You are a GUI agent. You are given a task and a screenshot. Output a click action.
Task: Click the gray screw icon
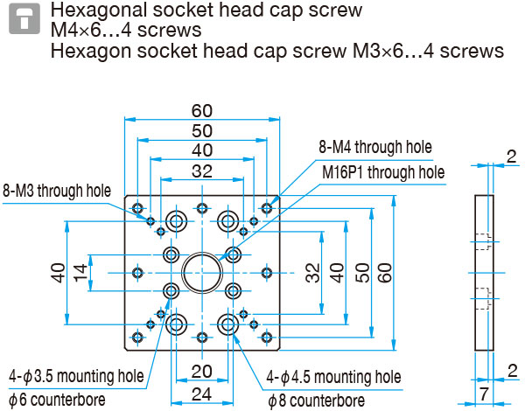click(x=24, y=18)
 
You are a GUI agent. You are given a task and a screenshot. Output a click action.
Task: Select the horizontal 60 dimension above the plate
click(x=202, y=111)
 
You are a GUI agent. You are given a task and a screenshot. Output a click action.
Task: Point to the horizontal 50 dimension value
click(x=202, y=130)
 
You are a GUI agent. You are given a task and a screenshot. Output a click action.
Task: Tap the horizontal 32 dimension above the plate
click(x=202, y=171)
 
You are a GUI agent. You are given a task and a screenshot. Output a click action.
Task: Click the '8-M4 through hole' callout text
click(x=375, y=147)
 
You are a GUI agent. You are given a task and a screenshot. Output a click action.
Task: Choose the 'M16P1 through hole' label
click(x=383, y=172)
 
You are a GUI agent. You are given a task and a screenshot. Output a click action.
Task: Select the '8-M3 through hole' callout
click(x=57, y=191)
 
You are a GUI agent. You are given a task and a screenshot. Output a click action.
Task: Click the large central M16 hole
click(x=202, y=273)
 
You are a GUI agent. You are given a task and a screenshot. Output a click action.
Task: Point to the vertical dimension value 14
click(x=80, y=273)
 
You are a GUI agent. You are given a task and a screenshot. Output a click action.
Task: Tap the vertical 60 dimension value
click(x=386, y=273)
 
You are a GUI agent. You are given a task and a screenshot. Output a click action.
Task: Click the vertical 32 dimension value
click(x=313, y=273)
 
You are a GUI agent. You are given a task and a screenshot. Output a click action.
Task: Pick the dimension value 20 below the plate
click(x=202, y=372)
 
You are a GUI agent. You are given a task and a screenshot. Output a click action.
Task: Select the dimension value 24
click(x=202, y=394)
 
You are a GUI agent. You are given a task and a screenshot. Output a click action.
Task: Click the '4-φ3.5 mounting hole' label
click(x=76, y=376)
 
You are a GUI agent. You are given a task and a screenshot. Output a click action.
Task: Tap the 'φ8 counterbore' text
click(x=317, y=401)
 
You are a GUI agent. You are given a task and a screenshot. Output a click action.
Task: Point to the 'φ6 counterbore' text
click(x=57, y=400)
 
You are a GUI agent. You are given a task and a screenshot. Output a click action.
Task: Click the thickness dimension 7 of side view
click(x=484, y=394)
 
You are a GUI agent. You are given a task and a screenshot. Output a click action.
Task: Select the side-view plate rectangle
click(x=484, y=273)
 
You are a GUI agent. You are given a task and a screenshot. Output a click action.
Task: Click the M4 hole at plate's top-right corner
click(x=267, y=208)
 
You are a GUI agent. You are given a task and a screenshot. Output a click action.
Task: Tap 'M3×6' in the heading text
click(x=378, y=51)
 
